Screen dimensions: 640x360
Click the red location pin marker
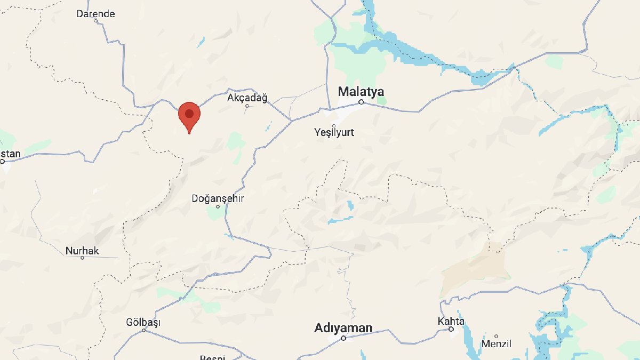coord(189,117)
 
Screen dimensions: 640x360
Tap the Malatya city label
coord(361,91)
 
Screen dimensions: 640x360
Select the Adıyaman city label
coord(343,327)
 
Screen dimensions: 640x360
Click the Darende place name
coord(96,14)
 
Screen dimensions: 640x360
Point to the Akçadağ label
coord(247,98)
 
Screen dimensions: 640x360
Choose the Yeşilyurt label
coord(334,132)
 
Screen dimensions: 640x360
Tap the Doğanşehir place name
coord(218,198)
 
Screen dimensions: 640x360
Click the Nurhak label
coord(82,251)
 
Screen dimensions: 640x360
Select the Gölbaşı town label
coord(143,322)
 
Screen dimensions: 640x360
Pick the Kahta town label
coord(451,321)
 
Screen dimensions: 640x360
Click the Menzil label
coord(497,344)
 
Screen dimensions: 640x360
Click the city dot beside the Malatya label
coord(361,102)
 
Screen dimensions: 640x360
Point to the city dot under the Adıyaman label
coord(343,338)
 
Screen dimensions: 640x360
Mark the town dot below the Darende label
coord(96,21)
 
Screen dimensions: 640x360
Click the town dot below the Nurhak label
coord(82,258)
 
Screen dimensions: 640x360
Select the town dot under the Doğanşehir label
coord(218,206)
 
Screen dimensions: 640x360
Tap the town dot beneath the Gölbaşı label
coord(143,330)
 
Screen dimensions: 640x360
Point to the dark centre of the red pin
coord(189,113)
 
